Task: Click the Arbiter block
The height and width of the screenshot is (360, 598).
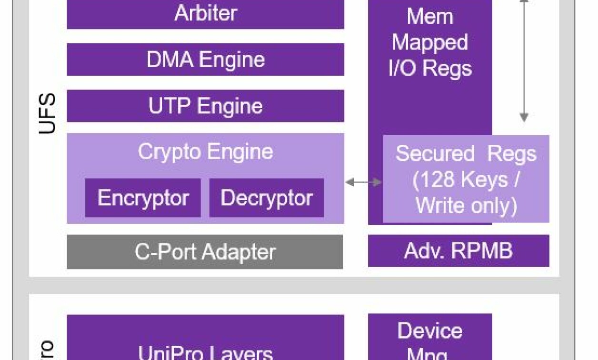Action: (205, 13)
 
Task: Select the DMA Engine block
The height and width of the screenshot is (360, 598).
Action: (205, 60)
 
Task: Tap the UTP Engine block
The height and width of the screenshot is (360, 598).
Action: (205, 106)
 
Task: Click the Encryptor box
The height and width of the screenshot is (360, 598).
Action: (143, 198)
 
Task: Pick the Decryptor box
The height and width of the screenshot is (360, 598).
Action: (266, 198)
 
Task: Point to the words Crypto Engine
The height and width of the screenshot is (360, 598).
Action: (205, 152)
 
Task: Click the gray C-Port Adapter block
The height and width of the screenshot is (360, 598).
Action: (205, 252)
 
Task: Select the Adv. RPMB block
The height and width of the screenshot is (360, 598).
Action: (458, 250)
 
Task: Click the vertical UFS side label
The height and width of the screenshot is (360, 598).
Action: (47, 113)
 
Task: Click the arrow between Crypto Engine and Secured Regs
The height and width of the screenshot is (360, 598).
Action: (364, 182)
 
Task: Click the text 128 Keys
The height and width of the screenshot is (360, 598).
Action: (467, 180)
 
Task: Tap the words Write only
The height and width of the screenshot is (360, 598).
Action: (466, 205)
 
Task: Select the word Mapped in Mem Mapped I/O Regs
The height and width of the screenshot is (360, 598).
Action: (429, 42)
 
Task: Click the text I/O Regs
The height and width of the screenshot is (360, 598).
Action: (430, 68)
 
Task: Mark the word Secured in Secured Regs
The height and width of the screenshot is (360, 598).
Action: (435, 154)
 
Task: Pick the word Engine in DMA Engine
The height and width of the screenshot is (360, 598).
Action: (232, 60)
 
